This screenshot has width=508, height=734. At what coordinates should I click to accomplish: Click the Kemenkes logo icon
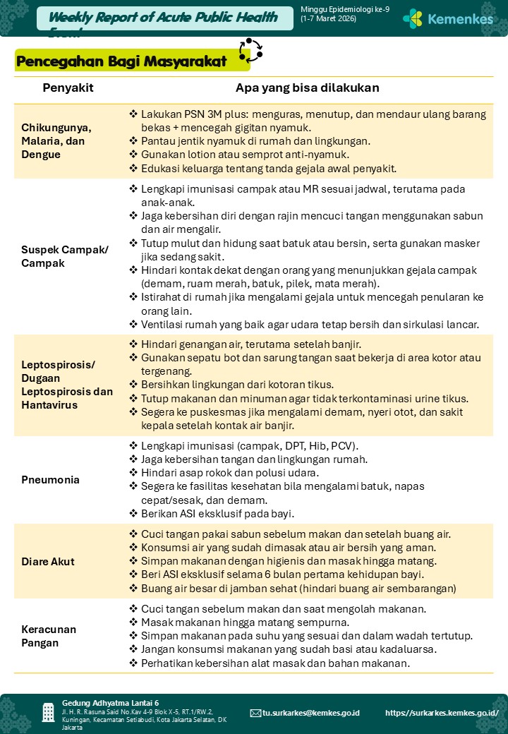tap(413, 18)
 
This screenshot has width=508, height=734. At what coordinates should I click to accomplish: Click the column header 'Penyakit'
tap(68, 88)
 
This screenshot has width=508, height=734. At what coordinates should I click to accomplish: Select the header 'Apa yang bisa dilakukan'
tap(308, 88)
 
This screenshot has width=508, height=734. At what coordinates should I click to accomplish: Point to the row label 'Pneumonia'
tap(50, 480)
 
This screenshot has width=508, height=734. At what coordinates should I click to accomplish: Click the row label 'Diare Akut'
tap(48, 562)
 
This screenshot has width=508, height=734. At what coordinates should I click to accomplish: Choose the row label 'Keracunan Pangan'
tap(49, 636)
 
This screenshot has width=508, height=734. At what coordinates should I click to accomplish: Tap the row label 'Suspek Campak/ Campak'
tap(65, 256)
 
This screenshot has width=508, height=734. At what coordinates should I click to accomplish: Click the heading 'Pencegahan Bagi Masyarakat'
tap(121, 61)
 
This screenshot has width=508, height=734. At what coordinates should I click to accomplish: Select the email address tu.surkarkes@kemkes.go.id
tap(311, 713)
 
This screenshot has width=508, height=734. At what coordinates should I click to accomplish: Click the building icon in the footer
tap(48, 712)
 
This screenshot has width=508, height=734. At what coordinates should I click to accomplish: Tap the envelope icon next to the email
tap(255, 713)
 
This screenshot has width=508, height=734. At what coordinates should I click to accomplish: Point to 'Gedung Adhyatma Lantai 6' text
tap(110, 703)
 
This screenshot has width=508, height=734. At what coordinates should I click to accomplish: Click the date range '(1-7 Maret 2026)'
tap(329, 19)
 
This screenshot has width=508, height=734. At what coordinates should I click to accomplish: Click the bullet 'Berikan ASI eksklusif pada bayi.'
tap(217, 513)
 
